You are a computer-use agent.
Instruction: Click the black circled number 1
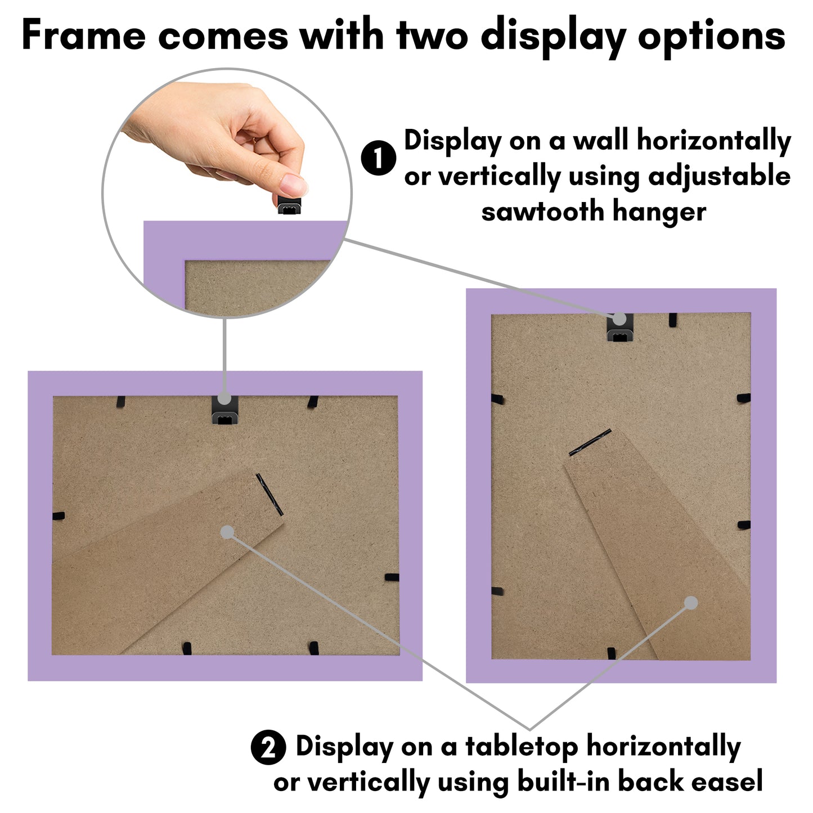(379, 158)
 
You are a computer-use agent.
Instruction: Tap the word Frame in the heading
(83, 35)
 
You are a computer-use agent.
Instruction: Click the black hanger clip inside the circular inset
(289, 204)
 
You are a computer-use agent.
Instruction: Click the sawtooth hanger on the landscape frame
(224, 410)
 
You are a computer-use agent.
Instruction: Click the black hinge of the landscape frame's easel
(269, 494)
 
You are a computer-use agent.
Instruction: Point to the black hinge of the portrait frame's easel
(590, 442)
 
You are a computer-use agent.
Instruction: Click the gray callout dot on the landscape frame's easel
(227, 532)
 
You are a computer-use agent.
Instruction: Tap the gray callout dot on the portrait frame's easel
(691, 603)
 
